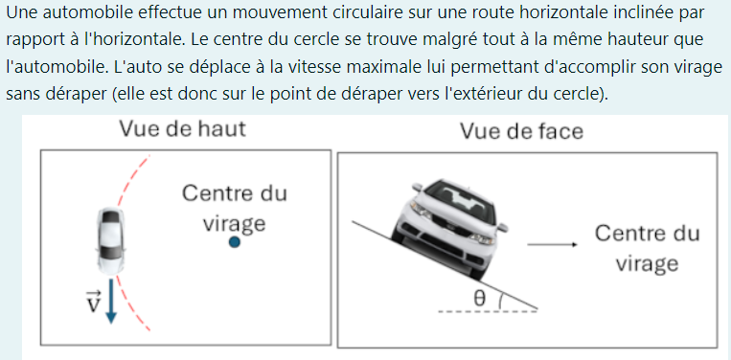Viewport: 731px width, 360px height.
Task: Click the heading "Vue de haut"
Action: tap(182, 128)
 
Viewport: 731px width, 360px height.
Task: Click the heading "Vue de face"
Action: tap(522, 131)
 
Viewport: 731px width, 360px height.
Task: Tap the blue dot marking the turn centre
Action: tap(235, 242)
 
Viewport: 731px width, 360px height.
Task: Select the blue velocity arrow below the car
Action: tap(110, 301)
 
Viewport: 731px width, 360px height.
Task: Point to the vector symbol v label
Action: tap(94, 302)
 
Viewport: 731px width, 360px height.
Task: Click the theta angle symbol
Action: tap(479, 299)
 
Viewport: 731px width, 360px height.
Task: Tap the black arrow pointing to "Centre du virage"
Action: tap(553, 245)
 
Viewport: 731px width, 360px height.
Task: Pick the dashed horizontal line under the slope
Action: tap(488, 311)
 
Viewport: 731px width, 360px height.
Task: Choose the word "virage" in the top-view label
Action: tap(234, 224)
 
